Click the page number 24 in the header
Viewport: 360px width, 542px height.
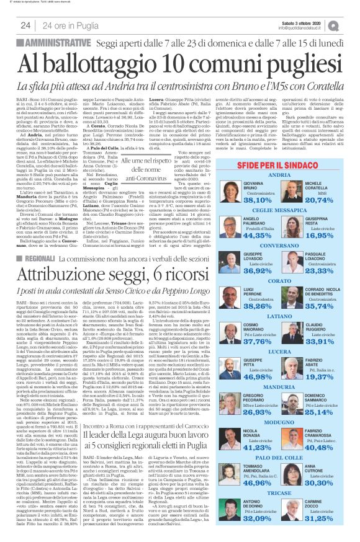coord(25,25)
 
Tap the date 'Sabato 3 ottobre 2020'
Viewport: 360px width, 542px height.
coord(304,23)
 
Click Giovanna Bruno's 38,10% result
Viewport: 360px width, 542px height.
coord(257,184)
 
